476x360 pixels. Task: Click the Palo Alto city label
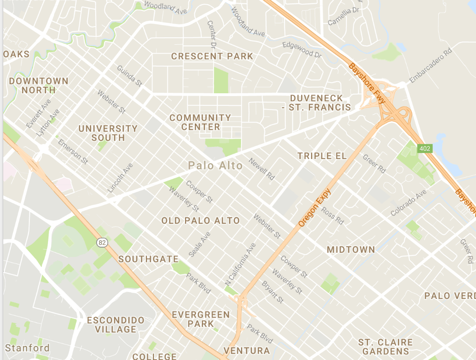[215, 166]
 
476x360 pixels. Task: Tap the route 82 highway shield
[103, 242]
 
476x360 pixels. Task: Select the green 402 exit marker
[425, 148]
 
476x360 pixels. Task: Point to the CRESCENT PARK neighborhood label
[212, 56]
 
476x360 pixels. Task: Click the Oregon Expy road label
[315, 208]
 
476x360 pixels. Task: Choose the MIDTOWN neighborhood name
[351, 250]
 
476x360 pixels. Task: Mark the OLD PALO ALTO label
[200, 221]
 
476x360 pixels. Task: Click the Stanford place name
[27, 348]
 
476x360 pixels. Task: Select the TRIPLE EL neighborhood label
[322, 156]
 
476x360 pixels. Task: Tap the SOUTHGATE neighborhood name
[148, 259]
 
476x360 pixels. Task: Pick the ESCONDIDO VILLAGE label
[112, 325]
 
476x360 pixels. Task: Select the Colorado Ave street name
[409, 202]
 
